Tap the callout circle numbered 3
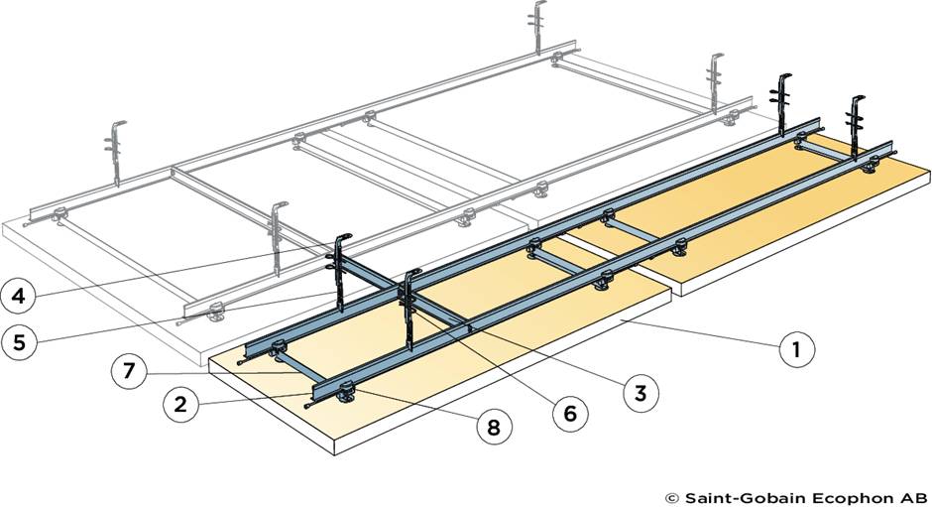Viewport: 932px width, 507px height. point(641,393)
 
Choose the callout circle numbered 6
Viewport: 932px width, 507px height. point(568,412)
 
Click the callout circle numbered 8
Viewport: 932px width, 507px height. point(493,427)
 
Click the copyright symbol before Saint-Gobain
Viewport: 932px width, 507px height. point(670,495)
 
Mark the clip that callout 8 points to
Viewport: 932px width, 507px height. point(346,394)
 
